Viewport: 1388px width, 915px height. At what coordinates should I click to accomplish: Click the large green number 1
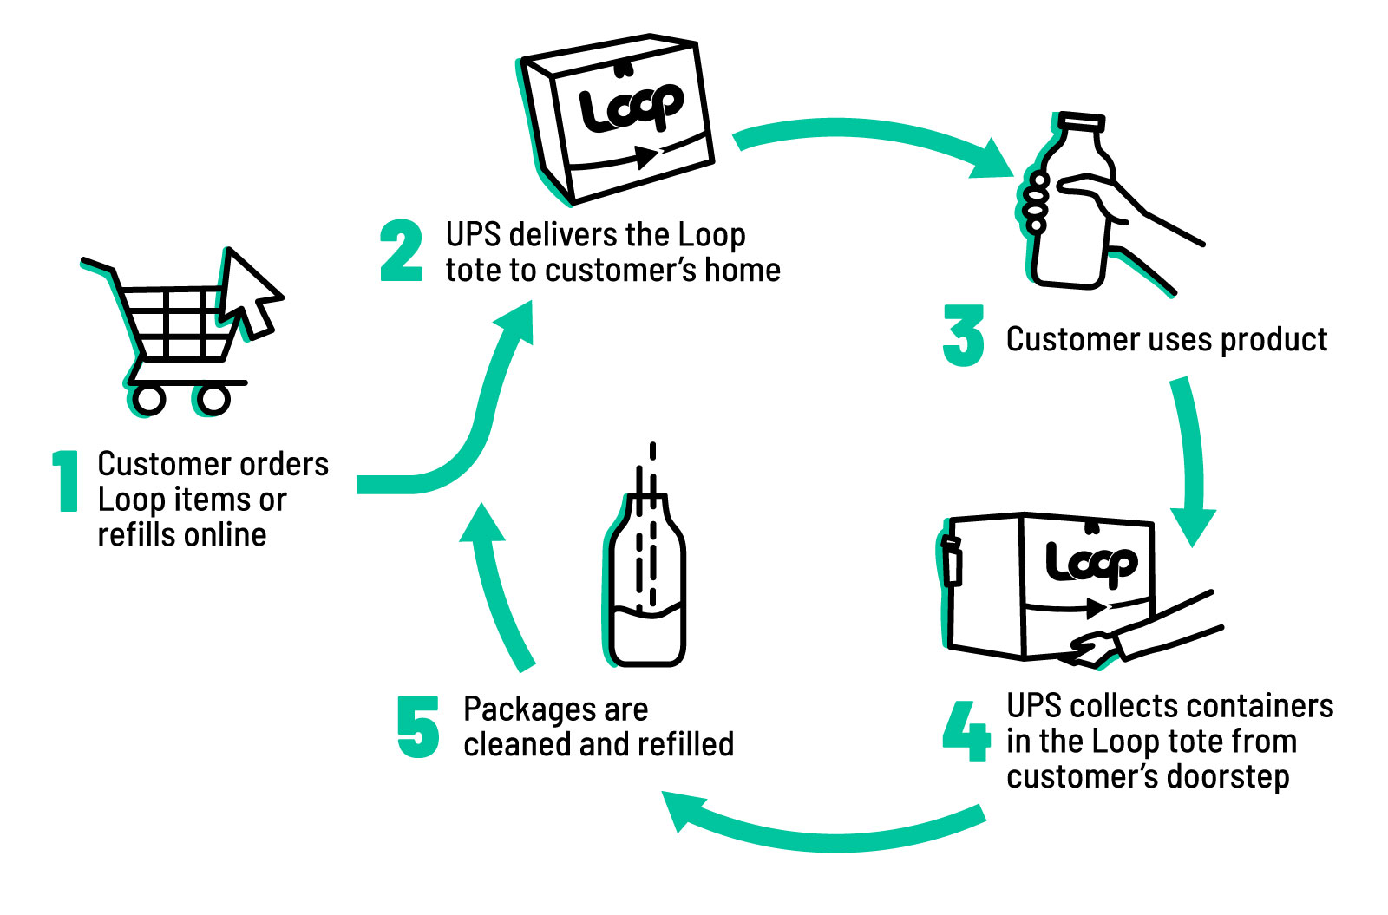point(66,480)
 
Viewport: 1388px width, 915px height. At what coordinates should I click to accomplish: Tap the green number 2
point(401,252)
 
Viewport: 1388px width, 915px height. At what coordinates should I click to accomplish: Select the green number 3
point(963,336)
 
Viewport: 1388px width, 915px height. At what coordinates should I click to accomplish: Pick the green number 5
point(418,727)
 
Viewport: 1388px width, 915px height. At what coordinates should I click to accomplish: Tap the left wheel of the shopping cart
point(149,399)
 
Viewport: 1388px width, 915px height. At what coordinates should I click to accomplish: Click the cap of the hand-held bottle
point(1083,123)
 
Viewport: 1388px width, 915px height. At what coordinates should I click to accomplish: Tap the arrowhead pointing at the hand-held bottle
point(993,160)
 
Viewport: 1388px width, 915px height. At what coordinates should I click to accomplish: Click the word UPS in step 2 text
point(474,235)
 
